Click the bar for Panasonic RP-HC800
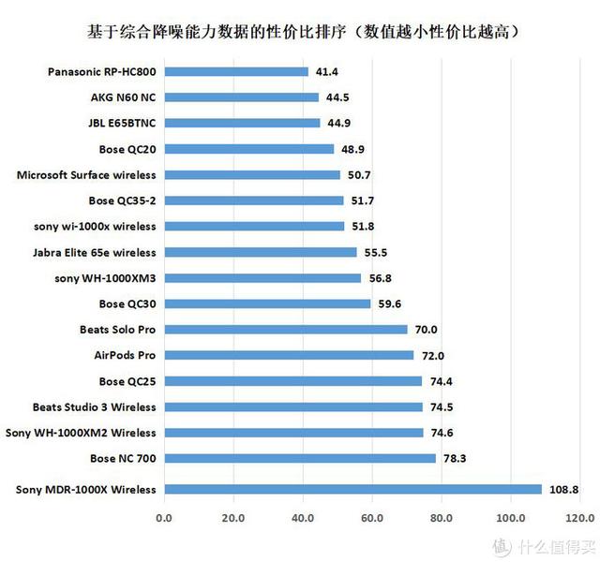coord(236,71)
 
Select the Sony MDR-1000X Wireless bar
coord(352,489)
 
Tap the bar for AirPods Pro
coord(289,355)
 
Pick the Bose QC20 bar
coord(249,149)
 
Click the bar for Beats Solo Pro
coord(285,330)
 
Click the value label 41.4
coord(324,71)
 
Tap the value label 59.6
coord(388,303)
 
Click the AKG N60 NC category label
coord(123,97)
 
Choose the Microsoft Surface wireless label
coord(87,174)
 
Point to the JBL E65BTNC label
coord(122,123)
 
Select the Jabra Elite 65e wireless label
coord(95,252)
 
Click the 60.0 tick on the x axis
coord(372,518)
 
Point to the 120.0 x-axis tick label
coord(579,518)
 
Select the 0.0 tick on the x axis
coord(165,518)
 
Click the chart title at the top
coord(299,31)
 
